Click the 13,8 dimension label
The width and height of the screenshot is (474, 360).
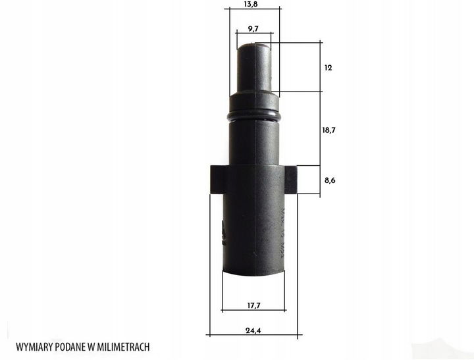tap(250, 4)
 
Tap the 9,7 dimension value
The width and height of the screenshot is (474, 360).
tap(253, 29)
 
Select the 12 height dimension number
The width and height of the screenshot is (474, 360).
tap(328, 68)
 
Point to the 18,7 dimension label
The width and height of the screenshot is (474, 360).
tap(329, 130)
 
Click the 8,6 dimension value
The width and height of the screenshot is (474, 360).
tap(330, 180)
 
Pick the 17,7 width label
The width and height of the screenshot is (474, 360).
tap(253, 305)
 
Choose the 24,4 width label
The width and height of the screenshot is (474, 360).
tap(253, 330)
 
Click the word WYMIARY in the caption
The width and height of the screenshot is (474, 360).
tap(34, 347)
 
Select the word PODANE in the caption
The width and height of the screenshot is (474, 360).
tap(70, 347)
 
